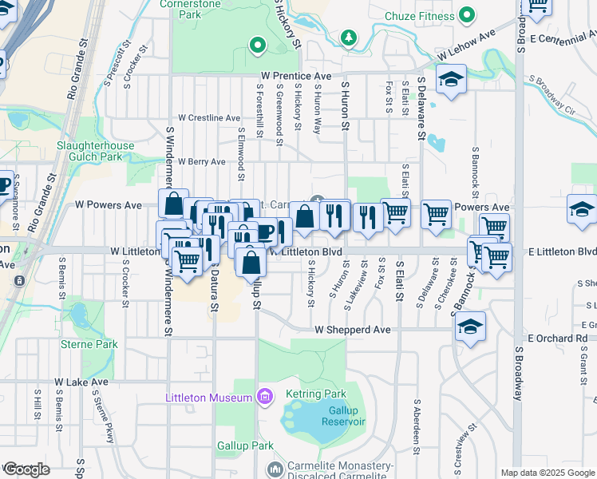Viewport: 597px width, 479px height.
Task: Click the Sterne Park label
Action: tap(89, 344)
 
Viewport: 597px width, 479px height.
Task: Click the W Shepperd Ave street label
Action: tap(352, 329)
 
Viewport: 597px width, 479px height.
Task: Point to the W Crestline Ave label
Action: tap(209, 117)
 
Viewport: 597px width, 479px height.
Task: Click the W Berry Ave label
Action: tap(201, 161)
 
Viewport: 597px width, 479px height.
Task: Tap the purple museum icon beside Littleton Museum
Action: tap(265, 397)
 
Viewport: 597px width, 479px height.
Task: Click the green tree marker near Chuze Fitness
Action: tap(348, 38)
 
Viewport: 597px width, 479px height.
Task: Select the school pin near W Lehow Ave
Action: tap(451, 80)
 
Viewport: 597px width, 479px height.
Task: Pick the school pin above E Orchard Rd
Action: tap(471, 327)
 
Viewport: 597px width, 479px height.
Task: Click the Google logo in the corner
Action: tap(26, 469)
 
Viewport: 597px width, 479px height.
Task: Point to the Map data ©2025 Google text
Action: tap(548, 473)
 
